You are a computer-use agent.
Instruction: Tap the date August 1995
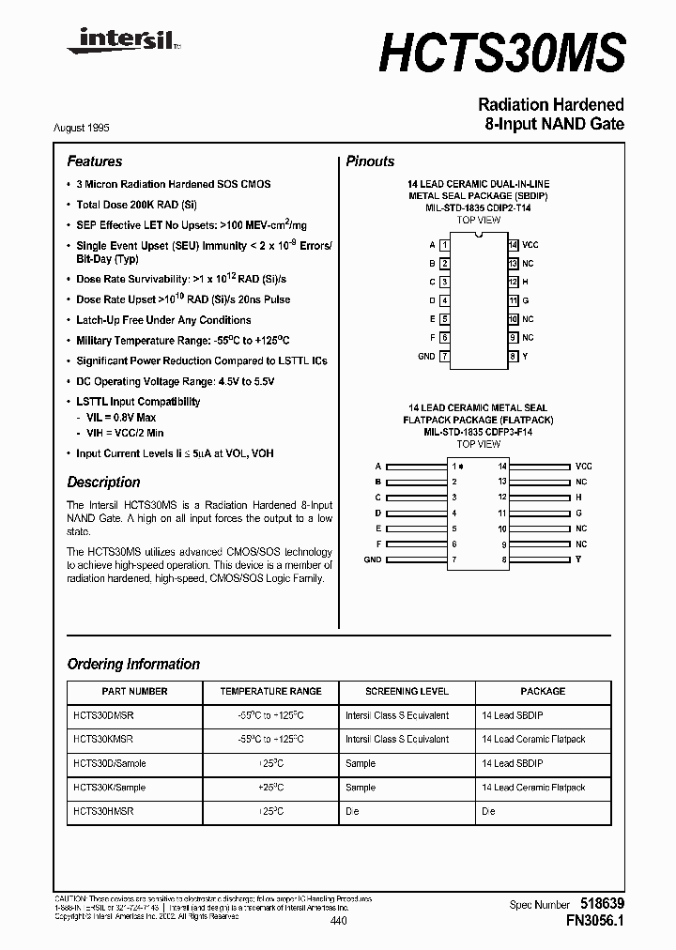click(95, 127)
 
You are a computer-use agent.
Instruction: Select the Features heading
click(95, 161)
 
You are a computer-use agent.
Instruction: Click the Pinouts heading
click(370, 161)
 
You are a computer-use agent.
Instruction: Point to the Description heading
click(103, 483)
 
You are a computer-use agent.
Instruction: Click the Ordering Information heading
click(133, 665)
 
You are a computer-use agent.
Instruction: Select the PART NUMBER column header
click(133, 691)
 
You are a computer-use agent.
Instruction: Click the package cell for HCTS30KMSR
click(533, 740)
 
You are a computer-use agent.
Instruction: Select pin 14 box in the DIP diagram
click(513, 245)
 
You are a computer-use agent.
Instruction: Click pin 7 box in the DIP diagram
click(445, 357)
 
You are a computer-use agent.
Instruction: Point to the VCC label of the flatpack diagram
click(583, 467)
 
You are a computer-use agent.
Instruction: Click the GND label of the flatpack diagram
click(373, 559)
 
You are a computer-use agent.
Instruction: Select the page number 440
click(338, 923)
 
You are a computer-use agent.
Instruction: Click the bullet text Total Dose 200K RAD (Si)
click(136, 205)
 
